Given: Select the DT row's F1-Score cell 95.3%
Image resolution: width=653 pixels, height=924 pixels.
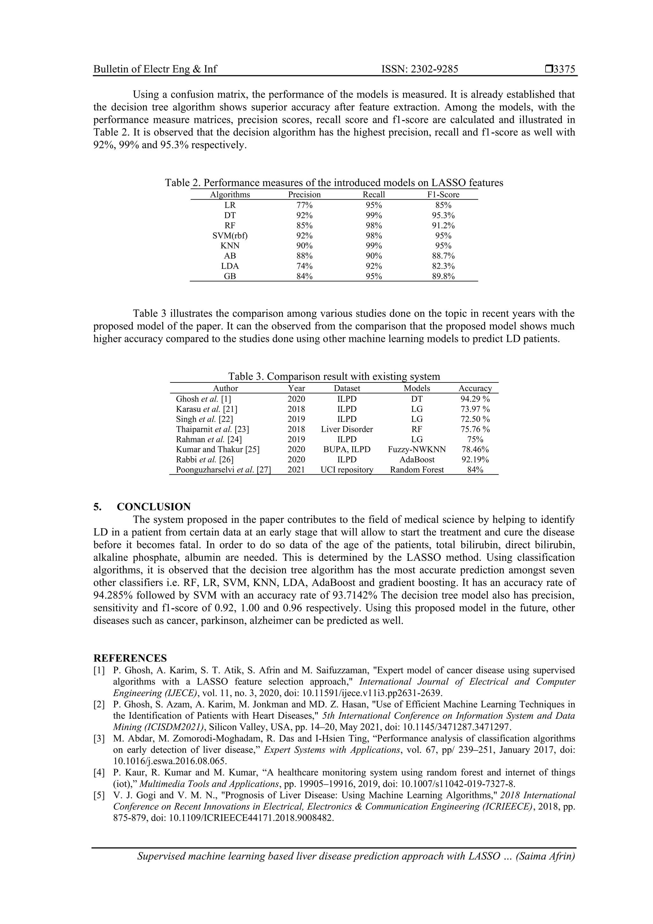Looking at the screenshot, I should click(443, 215).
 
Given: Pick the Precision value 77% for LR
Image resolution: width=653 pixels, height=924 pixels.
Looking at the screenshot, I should click(304, 205).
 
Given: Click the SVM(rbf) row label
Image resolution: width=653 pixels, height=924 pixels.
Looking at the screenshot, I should click(230, 236).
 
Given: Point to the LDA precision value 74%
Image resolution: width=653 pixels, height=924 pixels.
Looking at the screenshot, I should click(304, 266).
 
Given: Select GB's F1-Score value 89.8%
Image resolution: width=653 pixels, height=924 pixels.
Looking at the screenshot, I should click(443, 277).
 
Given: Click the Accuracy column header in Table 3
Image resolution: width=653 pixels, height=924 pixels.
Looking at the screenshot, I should click(475, 388).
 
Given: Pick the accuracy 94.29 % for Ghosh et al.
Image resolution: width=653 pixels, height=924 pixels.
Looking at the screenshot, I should click(475, 399).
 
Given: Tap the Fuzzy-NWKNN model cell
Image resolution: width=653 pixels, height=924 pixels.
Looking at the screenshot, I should click(417, 449).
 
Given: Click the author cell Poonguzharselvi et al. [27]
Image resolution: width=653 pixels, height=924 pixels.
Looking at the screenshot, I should click(223, 469).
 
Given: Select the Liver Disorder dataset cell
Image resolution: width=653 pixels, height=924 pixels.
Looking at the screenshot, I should click(347, 429).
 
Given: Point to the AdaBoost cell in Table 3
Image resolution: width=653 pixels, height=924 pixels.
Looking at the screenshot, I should click(417, 460).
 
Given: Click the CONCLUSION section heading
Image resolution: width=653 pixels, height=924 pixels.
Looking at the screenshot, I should click(154, 507).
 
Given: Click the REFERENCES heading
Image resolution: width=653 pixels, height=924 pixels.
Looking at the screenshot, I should click(130, 658).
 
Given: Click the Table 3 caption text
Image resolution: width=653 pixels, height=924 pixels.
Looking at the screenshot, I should click(334, 377).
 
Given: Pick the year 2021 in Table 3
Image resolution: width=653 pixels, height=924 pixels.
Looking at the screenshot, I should click(296, 469).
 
